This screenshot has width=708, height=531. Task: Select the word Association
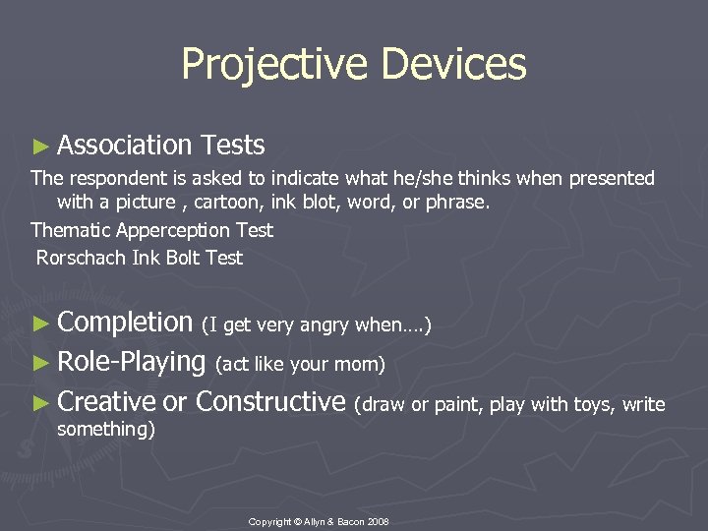(x=125, y=146)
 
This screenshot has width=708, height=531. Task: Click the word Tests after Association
(x=232, y=146)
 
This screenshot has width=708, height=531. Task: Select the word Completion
(x=125, y=323)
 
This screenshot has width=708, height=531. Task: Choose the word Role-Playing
(x=131, y=362)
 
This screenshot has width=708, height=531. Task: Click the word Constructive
(x=270, y=402)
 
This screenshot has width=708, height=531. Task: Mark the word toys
(x=593, y=404)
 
